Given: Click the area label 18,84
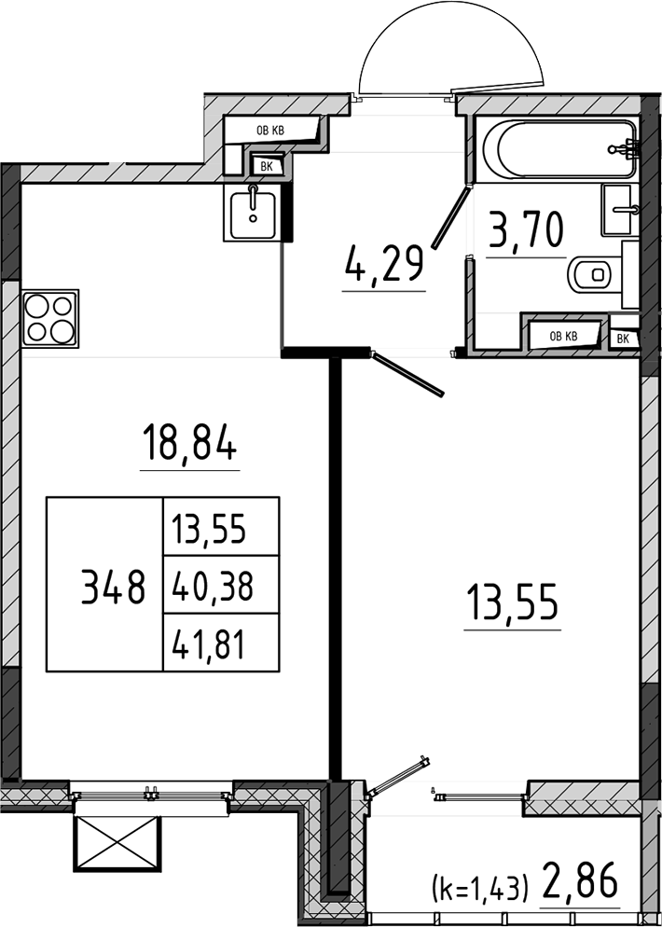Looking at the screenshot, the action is pyautogui.click(x=189, y=444).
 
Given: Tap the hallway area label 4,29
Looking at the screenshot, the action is pyautogui.click(x=383, y=266).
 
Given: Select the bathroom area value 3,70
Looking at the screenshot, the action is pyautogui.click(x=525, y=231).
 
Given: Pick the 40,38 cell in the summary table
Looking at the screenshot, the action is pyautogui.click(x=213, y=586).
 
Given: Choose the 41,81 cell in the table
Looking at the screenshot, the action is pyautogui.click(x=208, y=643).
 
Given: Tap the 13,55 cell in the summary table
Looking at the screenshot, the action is pyautogui.click(x=208, y=529).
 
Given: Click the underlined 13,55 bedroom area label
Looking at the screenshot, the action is pyautogui.click(x=512, y=602).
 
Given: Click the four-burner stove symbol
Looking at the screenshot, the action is pyautogui.click(x=49, y=318).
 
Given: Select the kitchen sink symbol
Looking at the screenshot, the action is pyautogui.click(x=253, y=213).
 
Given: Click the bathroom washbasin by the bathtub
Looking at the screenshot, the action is pyautogui.click(x=619, y=209).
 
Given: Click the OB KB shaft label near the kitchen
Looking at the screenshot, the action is pyautogui.click(x=270, y=130).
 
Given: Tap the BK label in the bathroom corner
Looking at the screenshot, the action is pyautogui.click(x=624, y=339).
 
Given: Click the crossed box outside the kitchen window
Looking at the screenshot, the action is pyautogui.click(x=117, y=843).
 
